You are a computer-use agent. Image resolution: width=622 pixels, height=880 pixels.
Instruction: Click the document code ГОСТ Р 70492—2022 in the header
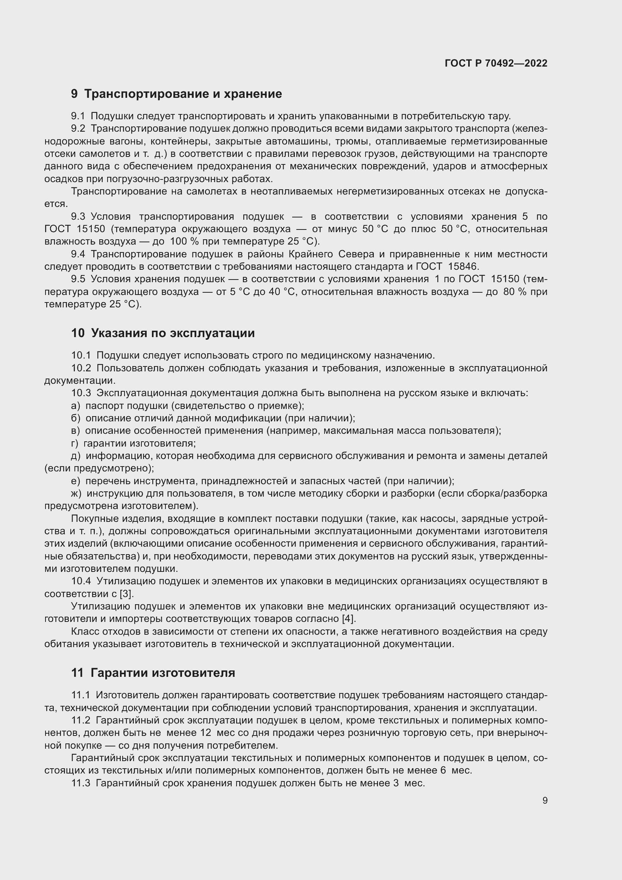(x=496, y=63)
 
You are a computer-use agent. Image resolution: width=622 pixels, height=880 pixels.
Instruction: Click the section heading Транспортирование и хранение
(x=183, y=94)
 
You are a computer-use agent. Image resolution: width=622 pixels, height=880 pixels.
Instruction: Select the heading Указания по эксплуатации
(x=173, y=333)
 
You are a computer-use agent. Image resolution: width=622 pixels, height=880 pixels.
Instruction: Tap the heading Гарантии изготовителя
(x=163, y=673)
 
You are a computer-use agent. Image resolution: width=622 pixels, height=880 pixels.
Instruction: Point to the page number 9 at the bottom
(x=545, y=800)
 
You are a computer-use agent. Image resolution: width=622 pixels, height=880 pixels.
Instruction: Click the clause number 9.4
(x=78, y=254)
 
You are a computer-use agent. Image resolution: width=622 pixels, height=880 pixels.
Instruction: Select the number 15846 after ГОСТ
(x=463, y=267)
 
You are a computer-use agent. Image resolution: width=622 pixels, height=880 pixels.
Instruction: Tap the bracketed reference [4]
(x=349, y=619)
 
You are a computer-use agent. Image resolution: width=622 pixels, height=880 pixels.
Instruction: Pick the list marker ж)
(x=76, y=493)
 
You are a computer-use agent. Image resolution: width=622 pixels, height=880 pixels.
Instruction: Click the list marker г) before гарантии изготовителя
(x=75, y=444)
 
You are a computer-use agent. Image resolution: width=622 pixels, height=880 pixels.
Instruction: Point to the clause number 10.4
(x=81, y=581)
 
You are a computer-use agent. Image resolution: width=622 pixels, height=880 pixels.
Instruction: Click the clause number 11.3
(x=81, y=783)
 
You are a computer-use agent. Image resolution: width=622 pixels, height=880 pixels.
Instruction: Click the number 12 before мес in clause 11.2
(x=206, y=733)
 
